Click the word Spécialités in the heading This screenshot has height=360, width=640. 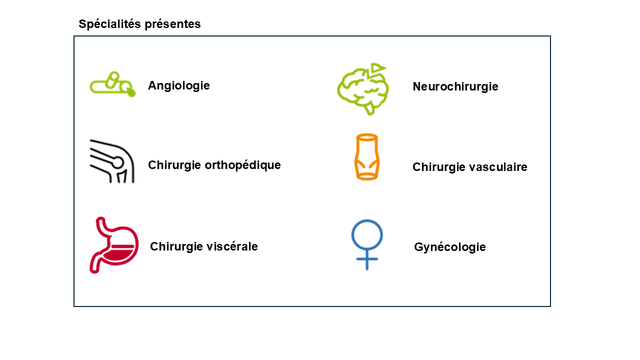[x=110, y=24]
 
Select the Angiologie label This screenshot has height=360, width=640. [x=179, y=86]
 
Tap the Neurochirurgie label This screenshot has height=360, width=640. [x=455, y=86]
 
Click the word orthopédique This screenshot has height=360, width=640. [x=242, y=165]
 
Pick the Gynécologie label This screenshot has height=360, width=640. [x=450, y=247]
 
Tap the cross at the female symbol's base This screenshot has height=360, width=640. [x=367, y=259]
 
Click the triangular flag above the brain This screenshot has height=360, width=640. [x=377, y=67]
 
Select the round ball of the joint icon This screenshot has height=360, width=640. [x=117, y=163]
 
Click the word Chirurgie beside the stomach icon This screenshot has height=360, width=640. [x=176, y=246]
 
